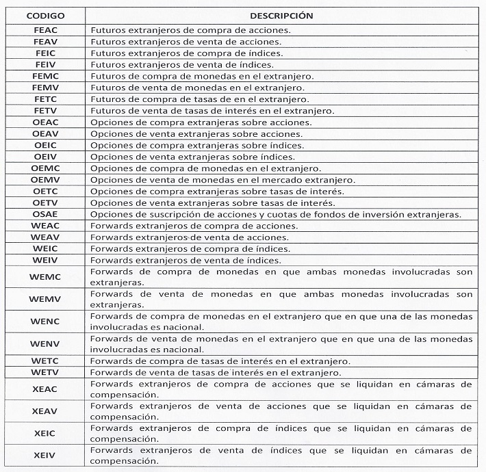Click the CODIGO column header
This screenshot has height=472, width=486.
(x=45, y=14)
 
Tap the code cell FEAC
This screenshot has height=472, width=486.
(x=45, y=30)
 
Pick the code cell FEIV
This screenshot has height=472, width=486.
(x=45, y=64)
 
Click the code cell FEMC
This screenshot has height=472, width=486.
(x=45, y=76)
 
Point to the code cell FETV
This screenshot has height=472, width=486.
(x=45, y=111)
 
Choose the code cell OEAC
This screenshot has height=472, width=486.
(x=45, y=122)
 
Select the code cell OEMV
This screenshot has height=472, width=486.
(x=45, y=180)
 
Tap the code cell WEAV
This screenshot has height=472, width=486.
(x=45, y=237)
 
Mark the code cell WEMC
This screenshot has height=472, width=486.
(x=45, y=276)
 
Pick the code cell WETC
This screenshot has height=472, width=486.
(x=45, y=360)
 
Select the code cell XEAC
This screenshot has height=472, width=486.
(x=45, y=389)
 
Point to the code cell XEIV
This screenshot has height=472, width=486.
(x=45, y=456)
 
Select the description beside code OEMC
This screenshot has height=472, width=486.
(x=205, y=168)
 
